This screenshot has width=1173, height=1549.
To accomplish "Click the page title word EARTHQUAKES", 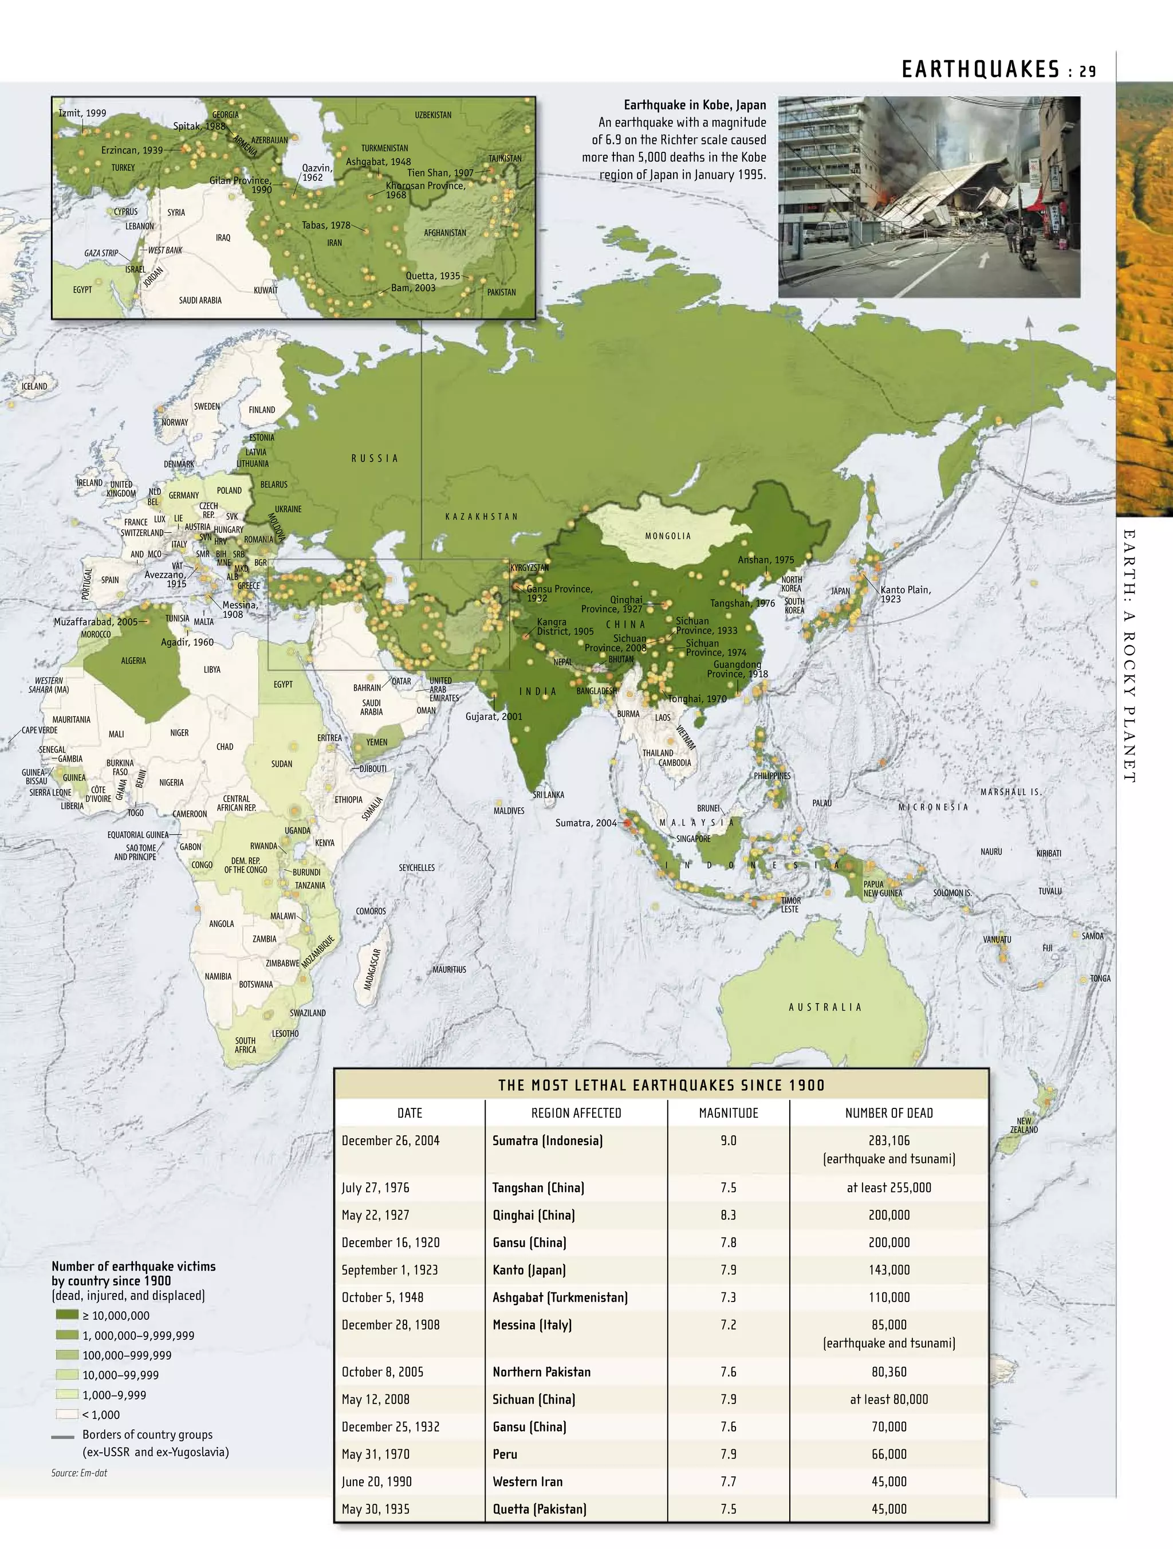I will (x=981, y=69).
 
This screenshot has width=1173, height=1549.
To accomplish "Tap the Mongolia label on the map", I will (x=667, y=536).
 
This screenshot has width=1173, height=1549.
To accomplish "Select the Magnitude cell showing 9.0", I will (x=729, y=1141).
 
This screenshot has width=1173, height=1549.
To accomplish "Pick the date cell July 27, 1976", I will (x=375, y=1188).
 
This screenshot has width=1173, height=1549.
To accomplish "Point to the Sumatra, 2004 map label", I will (x=585, y=823).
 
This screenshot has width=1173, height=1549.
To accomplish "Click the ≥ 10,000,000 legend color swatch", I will (x=66, y=1315).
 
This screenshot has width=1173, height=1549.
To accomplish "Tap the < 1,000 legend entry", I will (x=100, y=1414).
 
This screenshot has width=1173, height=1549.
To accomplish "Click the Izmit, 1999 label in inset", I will (x=82, y=113).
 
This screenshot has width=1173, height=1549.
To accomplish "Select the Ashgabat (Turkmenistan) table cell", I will (x=560, y=1297).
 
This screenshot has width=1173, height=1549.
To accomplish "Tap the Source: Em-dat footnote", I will (x=79, y=1473).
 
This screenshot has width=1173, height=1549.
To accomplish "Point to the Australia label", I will (x=825, y=1007).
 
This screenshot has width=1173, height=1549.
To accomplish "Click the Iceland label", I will (x=34, y=386).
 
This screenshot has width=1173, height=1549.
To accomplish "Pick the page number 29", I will (x=1087, y=70).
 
